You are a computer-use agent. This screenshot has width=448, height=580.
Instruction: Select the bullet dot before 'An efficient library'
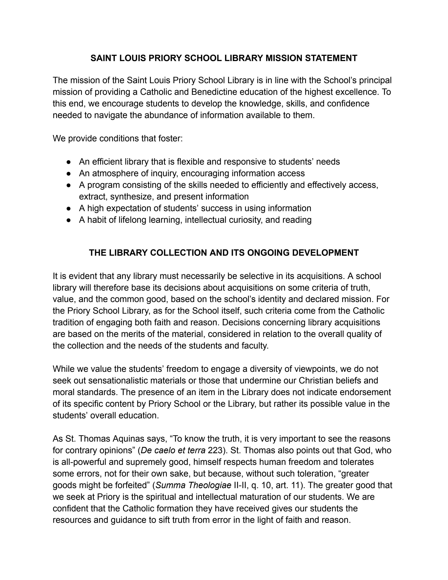tap(69, 162)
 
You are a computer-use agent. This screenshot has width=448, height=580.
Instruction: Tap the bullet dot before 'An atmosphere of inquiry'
tap(69, 173)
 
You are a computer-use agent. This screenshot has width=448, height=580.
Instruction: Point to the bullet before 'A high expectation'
tap(69, 208)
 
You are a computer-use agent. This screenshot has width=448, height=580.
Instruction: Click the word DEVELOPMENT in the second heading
tap(325, 253)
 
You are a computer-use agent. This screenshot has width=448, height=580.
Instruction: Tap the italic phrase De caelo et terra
tap(173, 450)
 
